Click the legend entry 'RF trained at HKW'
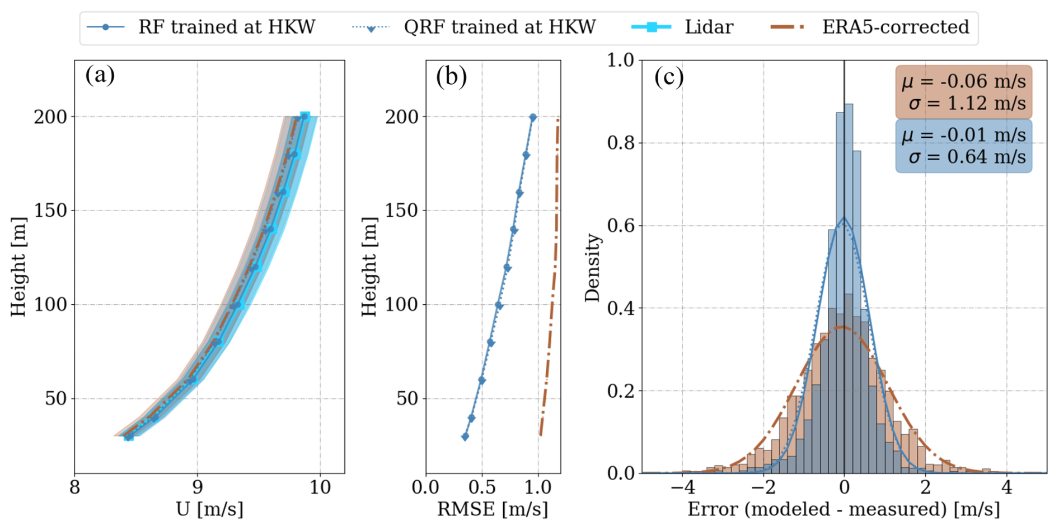(227, 27)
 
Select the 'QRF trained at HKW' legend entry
(499, 27)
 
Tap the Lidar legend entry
(709, 27)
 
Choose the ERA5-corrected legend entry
(895, 27)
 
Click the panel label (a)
(100, 75)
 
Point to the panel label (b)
(451, 76)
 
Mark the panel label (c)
(669, 76)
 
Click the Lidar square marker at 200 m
(305, 116)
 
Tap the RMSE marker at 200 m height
(533, 118)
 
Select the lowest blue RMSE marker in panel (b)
(465, 436)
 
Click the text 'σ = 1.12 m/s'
(967, 103)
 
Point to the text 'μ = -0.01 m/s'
(964, 135)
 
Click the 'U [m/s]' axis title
(209, 509)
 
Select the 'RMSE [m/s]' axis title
(493, 509)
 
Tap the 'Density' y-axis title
(592, 268)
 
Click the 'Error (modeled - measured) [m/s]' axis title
(844, 509)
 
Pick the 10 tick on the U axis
(320, 487)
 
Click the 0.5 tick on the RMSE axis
(482, 487)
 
